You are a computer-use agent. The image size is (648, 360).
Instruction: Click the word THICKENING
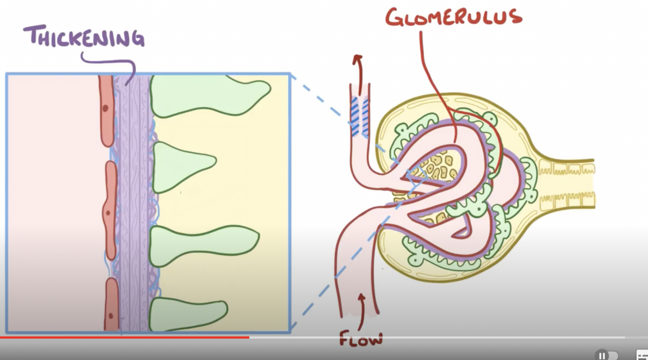tap(84, 37)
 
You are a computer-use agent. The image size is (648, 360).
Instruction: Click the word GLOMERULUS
tap(454, 17)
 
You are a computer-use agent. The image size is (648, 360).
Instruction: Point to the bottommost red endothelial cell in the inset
tap(111, 305)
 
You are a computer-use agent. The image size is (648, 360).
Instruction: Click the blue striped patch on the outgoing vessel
tap(359, 117)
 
